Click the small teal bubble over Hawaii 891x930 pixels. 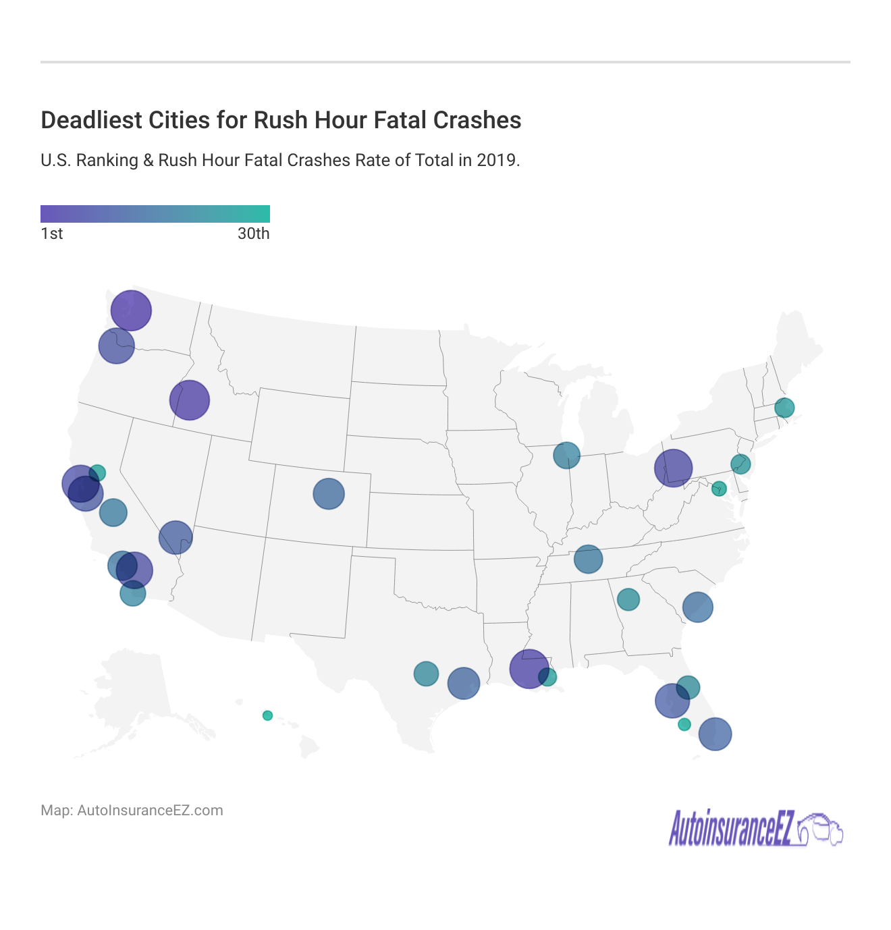267,715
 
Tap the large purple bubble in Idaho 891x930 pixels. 190,400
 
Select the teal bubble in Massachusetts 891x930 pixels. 784,408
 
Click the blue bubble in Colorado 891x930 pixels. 329,493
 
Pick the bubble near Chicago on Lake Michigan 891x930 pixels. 566,455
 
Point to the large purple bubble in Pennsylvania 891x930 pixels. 673,468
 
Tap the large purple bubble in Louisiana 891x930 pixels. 529,669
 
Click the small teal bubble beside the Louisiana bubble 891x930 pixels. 548,677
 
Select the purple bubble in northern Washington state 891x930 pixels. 131,310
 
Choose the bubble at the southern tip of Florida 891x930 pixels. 715,734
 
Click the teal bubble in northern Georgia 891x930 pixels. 628,599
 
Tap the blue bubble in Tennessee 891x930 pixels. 588,559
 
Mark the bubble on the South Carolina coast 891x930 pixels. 697,607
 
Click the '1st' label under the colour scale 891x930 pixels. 52,234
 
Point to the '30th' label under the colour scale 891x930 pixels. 253,234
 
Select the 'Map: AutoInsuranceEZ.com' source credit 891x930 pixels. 132,811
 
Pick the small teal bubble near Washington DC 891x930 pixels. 719,489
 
